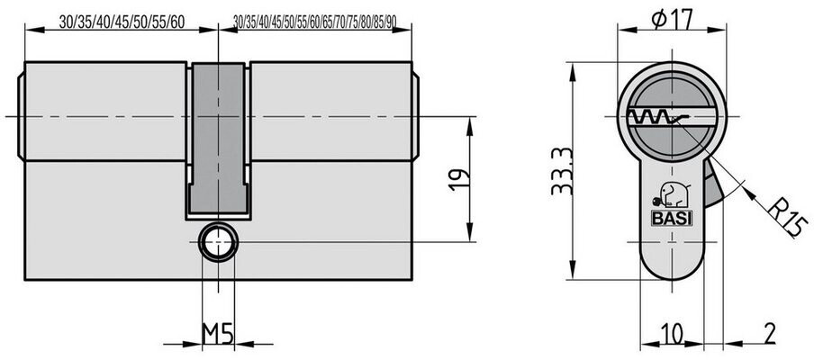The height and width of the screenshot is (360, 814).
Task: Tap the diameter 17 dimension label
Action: tap(672, 21)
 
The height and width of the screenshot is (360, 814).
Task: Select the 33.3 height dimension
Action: tap(562, 171)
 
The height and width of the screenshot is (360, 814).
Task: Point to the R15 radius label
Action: tap(787, 219)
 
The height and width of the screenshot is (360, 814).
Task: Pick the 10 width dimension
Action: tap(673, 335)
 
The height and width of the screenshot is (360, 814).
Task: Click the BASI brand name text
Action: tap(672, 219)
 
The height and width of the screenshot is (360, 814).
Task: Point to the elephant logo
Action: tap(671, 195)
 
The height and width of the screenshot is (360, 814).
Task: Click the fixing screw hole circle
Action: tap(219, 242)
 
